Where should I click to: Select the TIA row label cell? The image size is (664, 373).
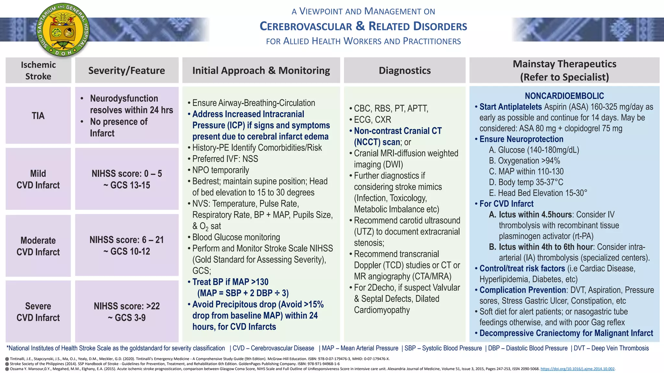coord(38,116)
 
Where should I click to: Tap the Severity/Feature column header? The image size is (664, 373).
coord(126,71)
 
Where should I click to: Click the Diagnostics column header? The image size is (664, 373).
coord(405,71)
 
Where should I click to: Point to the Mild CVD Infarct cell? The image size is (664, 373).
coord(38,179)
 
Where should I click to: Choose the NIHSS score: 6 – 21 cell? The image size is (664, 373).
coord(127,245)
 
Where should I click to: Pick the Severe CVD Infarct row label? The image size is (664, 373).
coord(38,311)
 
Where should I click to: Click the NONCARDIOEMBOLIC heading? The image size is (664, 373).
coord(564,96)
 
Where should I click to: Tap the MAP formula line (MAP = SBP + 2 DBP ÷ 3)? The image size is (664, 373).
coord(243,293)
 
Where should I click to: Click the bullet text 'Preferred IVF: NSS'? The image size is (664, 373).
coord(225,159)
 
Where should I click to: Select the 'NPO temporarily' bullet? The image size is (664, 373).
coord(220,170)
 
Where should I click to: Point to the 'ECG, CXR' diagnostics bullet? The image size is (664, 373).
coord(372,119)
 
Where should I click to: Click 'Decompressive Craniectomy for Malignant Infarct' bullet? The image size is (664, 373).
coord(566,333)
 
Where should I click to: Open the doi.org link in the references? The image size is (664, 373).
coord(577,369)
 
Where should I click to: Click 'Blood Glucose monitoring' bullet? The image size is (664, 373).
coord(236,237)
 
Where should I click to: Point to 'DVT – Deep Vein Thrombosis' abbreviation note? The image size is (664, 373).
coord(611,348)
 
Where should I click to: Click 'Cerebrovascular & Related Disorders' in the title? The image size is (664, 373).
coord(363,26)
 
